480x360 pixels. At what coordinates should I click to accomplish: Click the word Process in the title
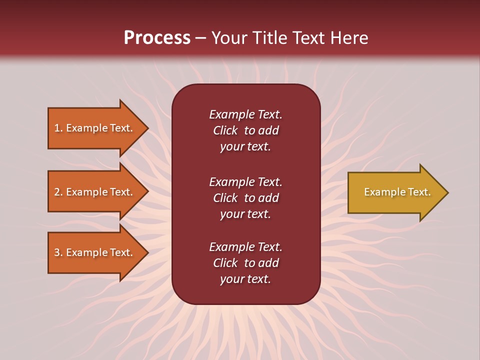coord(157,37)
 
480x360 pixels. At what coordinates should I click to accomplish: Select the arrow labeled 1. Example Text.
coord(95,128)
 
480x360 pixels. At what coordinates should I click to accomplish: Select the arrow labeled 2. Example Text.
coord(95,192)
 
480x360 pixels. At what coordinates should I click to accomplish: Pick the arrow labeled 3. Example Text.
coord(95,252)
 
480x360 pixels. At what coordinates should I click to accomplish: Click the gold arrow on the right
coord(395,192)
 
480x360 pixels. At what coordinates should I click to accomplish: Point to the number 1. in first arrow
coord(58,128)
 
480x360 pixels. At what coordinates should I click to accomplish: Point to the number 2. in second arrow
coord(58,192)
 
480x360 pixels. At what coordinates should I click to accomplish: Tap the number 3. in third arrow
coord(58,252)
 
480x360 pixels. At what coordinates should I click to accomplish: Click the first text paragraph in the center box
coord(245,130)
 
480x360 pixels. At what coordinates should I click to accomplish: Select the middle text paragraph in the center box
coord(245,198)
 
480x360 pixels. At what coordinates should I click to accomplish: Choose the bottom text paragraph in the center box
coord(245,263)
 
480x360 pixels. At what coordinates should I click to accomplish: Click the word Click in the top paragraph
coord(225,130)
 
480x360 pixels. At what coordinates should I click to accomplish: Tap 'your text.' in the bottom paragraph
coord(245,279)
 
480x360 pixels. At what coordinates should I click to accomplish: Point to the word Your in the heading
coord(230,38)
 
